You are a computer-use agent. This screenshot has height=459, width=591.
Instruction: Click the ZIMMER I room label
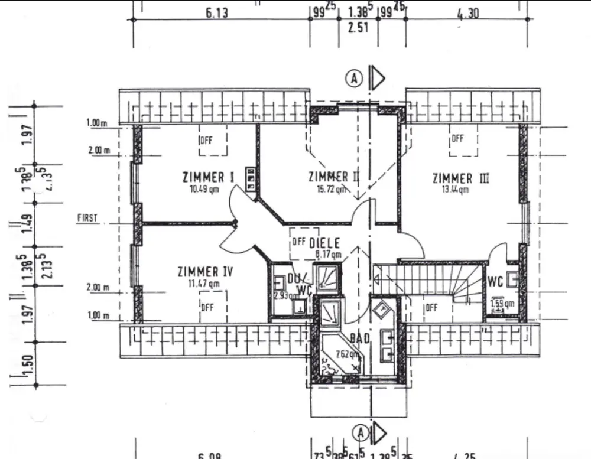[204, 177]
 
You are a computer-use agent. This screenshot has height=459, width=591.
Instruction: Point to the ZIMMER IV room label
[204, 272]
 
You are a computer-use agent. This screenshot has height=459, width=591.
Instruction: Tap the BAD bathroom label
[359, 338]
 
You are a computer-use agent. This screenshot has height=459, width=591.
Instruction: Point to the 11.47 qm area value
[204, 284]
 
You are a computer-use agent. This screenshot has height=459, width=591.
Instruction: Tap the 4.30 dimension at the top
[468, 13]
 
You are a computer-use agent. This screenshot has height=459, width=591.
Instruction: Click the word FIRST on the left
[87, 218]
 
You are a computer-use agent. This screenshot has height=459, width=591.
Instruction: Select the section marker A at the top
[354, 78]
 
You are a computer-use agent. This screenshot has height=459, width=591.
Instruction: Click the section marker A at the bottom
[360, 433]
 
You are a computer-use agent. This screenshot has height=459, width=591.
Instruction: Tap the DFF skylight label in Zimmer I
[206, 140]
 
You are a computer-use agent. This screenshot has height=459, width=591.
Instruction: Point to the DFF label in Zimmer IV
[207, 307]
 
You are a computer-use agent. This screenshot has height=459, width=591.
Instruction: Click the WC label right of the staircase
[495, 282]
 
